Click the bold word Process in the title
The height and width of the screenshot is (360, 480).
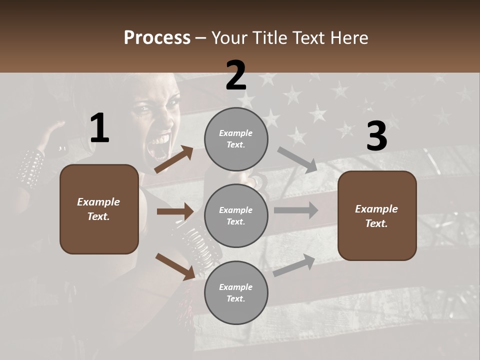tap(157, 37)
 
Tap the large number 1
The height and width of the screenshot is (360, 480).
tap(99, 128)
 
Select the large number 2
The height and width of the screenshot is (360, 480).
tap(236, 75)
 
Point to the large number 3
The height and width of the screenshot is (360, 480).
tap(376, 136)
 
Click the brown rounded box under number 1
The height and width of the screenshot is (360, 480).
tap(99, 209)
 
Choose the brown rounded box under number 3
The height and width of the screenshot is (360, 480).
tap(377, 215)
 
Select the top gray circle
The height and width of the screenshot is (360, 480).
tap(236, 139)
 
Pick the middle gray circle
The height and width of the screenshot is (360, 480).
tap(236, 215)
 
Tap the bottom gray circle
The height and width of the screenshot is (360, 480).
tap(236, 292)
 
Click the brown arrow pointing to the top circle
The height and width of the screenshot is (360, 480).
tap(173, 159)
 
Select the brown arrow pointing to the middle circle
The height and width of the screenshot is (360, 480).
tap(174, 211)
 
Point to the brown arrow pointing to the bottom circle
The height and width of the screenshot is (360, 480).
tap(175, 266)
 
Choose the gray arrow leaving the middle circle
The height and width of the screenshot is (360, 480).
tap(295, 210)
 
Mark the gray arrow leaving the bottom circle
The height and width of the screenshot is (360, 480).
tap(294, 265)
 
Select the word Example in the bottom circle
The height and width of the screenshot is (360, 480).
tap(235, 287)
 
